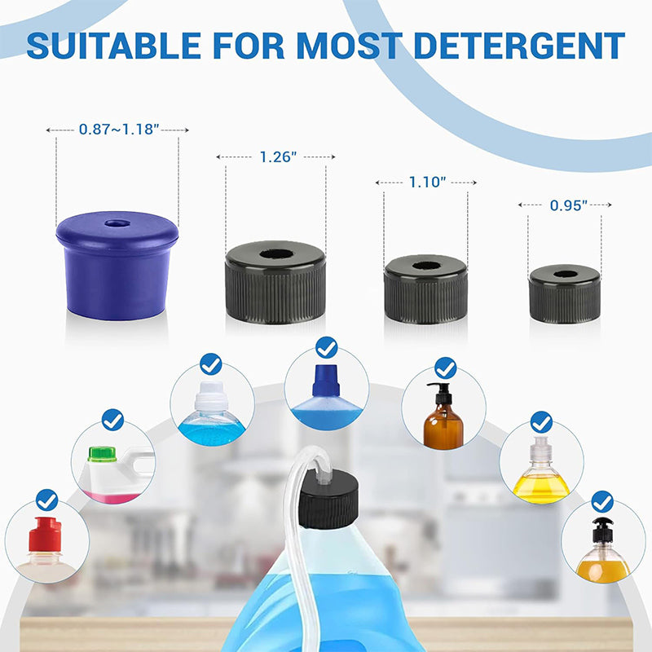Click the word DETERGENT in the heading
coord(519,46)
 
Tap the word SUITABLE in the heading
coord(114,46)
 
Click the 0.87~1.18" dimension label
coord(119,130)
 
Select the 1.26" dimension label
coord(278,157)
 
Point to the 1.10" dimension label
coord(427,182)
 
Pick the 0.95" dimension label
coord(568,205)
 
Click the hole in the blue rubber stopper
coord(117,223)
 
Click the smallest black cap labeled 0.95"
coord(564,293)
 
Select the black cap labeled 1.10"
coord(425,289)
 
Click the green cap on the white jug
coord(101,454)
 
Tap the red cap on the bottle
coord(45,535)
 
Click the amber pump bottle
coord(443,416)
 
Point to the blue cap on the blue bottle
coord(327,381)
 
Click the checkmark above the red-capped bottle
coord(47,500)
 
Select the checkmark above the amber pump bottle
coord(445,368)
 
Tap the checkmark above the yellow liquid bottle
coord(541,422)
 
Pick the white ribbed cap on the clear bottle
coord(212,396)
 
